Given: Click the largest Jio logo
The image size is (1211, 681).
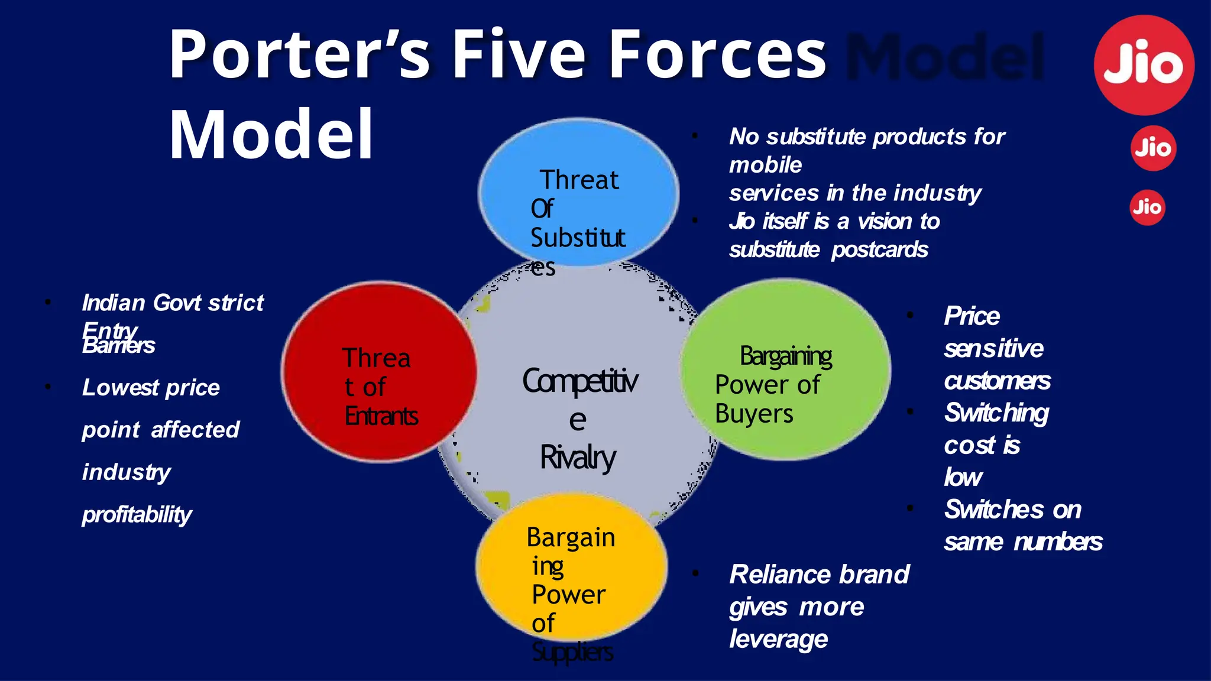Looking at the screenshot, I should (1144, 65).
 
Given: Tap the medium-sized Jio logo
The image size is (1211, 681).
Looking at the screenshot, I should (1153, 148).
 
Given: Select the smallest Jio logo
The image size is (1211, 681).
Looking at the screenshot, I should (1147, 207).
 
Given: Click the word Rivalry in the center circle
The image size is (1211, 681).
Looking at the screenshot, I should (578, 458).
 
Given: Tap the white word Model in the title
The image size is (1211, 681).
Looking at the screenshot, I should (271, 134).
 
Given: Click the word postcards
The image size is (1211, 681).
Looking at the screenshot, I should (879, 250).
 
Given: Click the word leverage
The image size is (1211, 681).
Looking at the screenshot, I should (778, 640).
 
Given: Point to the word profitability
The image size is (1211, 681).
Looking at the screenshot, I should (137, 515).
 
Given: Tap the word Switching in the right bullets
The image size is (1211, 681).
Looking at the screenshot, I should (996, 413).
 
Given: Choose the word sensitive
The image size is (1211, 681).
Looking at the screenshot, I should (993, 349).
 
